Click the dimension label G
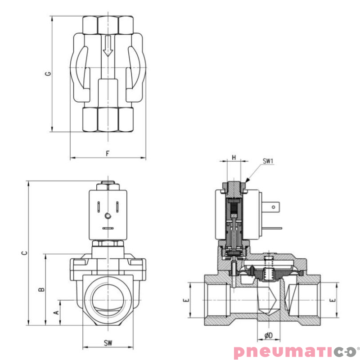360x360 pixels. pyautogui.click(x=48, y=73)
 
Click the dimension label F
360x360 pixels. pyautogui.click(x=108, y=153)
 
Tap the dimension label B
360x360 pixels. pyautogui.click(x=41, y=289)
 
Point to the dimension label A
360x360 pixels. pyautogui.click(x=56, y=311)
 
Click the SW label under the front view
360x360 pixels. pyautogui.click(x=108, y=343)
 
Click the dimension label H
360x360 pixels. pyautogui.click(x=234, y=157)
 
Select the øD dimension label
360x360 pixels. pyautogui.click(x=268, y=335)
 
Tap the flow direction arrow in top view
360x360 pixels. pyautogui.click(x=107, y=47)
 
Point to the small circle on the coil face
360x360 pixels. pyautogui.click(x=108, y=216)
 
